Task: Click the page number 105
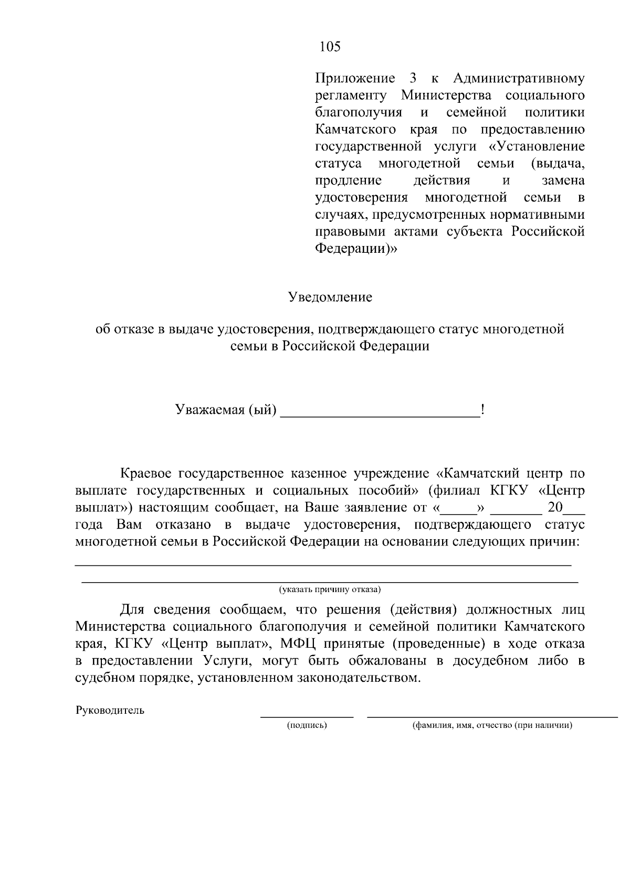330,47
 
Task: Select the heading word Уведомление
330,297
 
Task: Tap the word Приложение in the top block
355,79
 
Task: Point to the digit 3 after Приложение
412,79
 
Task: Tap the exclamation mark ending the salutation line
482,409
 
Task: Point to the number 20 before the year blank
555,508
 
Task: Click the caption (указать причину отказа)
330,589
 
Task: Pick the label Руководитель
110,711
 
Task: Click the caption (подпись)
307,725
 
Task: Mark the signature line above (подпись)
307,716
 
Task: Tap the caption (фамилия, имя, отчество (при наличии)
492,725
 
